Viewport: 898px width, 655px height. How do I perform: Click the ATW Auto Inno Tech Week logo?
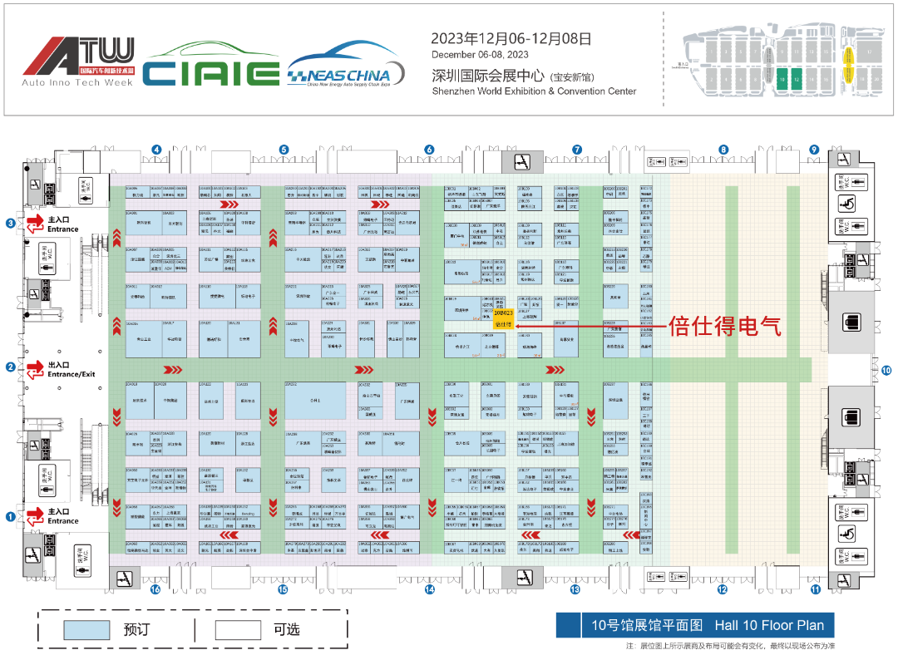pos(78,62)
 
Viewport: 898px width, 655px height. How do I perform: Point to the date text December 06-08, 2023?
pos(479,55)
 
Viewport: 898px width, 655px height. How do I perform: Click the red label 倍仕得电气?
pos(725,327)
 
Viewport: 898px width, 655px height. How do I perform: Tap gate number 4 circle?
pos(155,150)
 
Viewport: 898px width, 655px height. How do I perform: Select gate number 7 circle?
pos(576,150)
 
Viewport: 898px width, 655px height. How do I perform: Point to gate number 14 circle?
pos(430,589)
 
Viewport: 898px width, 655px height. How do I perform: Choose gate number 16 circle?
pos(155,589)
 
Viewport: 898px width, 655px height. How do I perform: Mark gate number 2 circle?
pos(11,367)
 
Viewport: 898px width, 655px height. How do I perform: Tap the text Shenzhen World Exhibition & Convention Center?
pos(534,91)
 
